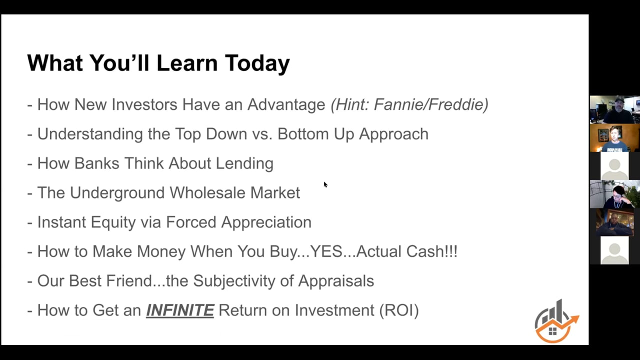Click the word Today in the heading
coord(257,63)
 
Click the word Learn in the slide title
coord(187,63)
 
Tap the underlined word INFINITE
coord(180,310)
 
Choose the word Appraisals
coord(336,281)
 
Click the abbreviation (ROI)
coord(399,310)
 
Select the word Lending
coord(244,163)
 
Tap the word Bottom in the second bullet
coord(303,134)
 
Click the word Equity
coord(113,222)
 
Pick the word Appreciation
coord(266,222)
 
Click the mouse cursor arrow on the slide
coord(325,184)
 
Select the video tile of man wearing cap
coord(615,109)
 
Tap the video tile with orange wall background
coord(615,137)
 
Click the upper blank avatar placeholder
coord(614,166)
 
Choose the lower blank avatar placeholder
coord(614,250)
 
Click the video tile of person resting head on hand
coord(615,194)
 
